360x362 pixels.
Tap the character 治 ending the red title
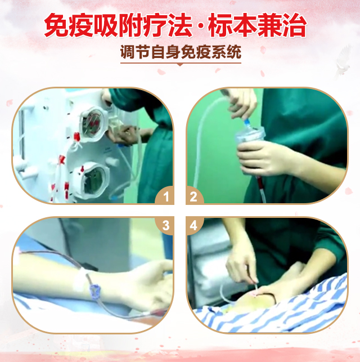[x=295, y=25]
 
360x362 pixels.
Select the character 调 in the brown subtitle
[x=128, y=52]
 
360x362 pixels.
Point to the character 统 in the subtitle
[x=234, y=52]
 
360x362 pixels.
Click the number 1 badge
[x=166, y=197]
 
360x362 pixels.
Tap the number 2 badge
[x=193, y=197]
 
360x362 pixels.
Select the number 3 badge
[x=166, y=225]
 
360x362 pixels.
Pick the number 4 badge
[x=193, y=225]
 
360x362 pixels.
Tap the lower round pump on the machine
[x=93, y=180]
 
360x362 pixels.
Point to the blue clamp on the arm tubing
[x=95, y=292]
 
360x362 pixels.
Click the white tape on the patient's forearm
[x=80, y=280]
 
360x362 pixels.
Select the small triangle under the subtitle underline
[x=180, y=65]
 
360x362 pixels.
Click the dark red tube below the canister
[x=260, y=188]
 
